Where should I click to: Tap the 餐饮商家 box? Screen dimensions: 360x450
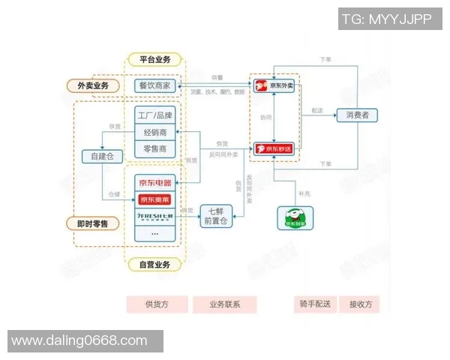click(x=155, y=85)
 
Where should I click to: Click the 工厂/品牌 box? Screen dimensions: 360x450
click(x=155, y=115)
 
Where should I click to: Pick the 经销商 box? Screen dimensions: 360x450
click(x=155, y=132)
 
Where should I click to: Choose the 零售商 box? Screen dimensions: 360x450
click(x=155, y=148)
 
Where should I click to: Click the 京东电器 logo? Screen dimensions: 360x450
click(x=155, y=182)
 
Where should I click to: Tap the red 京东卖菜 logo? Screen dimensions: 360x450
click(x=155, y=199)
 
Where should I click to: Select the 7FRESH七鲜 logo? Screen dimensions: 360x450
click(x=155, y=216)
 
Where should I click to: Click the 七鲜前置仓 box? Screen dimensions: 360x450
click(x=217, y=214)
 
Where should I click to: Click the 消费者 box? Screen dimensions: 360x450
click(x=357, y=115)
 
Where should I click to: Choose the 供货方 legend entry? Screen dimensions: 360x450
click(x=157, y=304)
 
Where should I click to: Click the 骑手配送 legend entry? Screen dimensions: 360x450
click(x=313, y=304)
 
